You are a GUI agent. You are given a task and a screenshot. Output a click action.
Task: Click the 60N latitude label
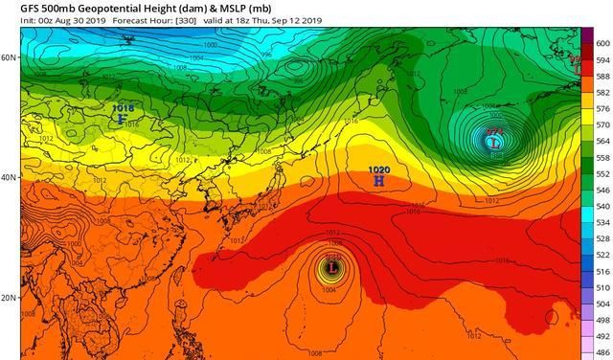tap(9, 57)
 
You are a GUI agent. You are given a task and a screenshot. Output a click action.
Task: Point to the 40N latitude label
tap(9, 178)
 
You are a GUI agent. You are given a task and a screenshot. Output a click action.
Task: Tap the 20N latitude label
tap(9, 298)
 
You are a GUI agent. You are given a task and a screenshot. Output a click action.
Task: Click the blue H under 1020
tap(379, 180)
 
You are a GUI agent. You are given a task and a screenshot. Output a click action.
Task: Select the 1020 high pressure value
tap(379, 169)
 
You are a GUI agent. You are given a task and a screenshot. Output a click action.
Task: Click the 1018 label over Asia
tap(123, 108)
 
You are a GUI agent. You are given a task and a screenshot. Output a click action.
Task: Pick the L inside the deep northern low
tap(494, 143)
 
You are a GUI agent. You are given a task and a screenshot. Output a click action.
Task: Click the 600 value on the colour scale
tap(603, 44)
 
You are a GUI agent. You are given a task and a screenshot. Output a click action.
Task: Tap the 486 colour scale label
tap(603, 353)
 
